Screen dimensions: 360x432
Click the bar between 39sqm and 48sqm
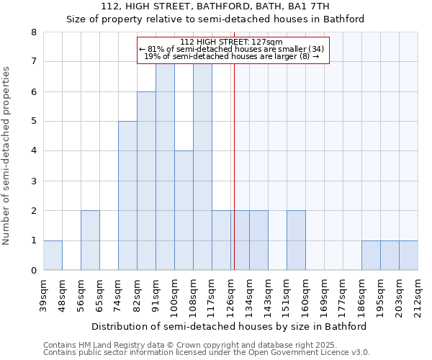[53, 255]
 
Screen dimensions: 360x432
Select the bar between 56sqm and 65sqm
[90, 240]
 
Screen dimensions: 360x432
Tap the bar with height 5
[127, 196]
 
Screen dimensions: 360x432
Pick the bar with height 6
[146, 181]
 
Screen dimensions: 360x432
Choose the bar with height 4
[184, 210]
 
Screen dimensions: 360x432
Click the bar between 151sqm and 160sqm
[296, 240]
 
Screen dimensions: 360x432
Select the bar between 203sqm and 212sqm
[408, 255]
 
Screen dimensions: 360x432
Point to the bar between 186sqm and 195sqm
[371, 255]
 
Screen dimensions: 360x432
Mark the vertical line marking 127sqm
[234, 166]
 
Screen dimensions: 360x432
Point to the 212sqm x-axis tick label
[418, 293]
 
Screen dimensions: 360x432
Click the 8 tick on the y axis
[33, 32]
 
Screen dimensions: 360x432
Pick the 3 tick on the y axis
[33, 181]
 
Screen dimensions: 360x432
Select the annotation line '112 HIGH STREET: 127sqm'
[232, 42]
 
